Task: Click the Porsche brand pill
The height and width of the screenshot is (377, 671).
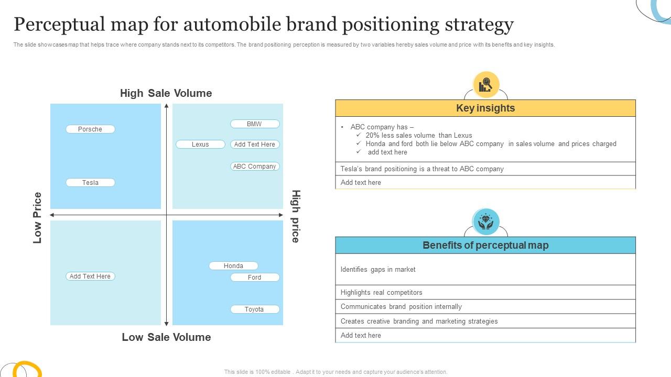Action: pos(90,129)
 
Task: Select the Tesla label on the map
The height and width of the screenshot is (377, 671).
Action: pos(90,183)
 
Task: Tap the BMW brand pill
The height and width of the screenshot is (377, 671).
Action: pos(255,124)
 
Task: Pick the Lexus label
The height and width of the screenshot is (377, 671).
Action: pos(200,145)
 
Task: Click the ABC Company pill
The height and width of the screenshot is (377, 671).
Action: pos(255,167)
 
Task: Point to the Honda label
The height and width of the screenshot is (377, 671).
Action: pos(233,266)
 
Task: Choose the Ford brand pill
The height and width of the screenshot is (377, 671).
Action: pos(255,278)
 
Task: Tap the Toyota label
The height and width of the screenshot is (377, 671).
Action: pos(255,309)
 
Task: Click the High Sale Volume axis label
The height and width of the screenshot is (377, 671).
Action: pos(166,93)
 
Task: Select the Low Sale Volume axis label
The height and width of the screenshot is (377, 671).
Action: pos(166,337)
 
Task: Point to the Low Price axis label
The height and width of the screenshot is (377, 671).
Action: pos(37,218)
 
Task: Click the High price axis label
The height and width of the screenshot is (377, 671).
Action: pos(296,216)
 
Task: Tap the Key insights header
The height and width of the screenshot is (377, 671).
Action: pos(485,108)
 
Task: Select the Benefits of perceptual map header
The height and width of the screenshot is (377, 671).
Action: pos(485,246)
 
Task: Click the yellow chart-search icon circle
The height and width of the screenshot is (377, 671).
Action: pos(486,84)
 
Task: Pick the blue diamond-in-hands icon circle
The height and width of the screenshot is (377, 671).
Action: pos(486,221)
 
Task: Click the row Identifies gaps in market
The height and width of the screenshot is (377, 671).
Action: pos(378,270)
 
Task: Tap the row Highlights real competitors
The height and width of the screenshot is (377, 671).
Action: pos(382,293)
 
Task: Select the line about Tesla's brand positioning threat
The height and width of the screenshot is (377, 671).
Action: pos(422,169)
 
